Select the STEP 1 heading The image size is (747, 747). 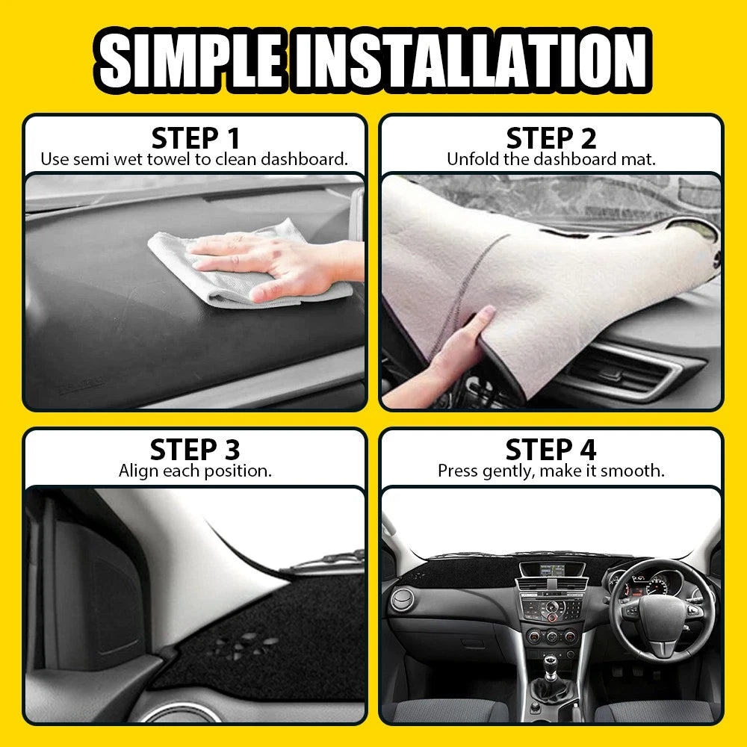click(195, 138)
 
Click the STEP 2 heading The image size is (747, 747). click(551, 138)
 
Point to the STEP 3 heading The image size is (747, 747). click(195, 450)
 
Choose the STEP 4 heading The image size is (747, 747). click(551, 450)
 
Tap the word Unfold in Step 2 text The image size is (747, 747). click(470, 159)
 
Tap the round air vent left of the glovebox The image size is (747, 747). click(403, 600)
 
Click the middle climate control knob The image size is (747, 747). click(551, 636)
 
